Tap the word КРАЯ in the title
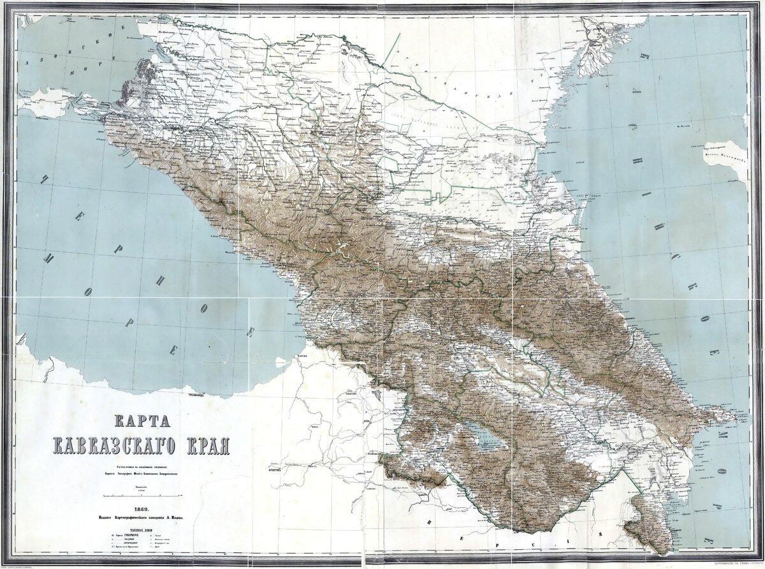click(x=200, y=444)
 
